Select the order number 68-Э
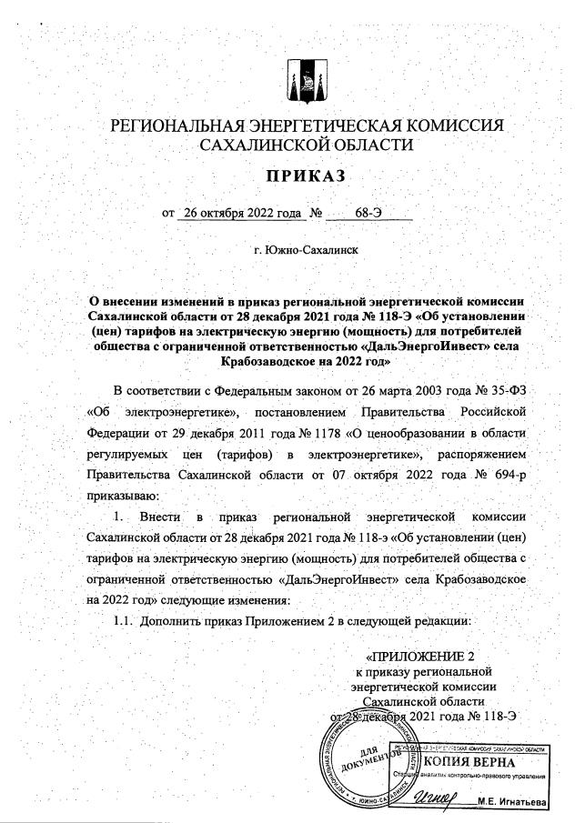coord(368,213)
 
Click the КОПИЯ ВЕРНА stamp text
coord(469,760)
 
